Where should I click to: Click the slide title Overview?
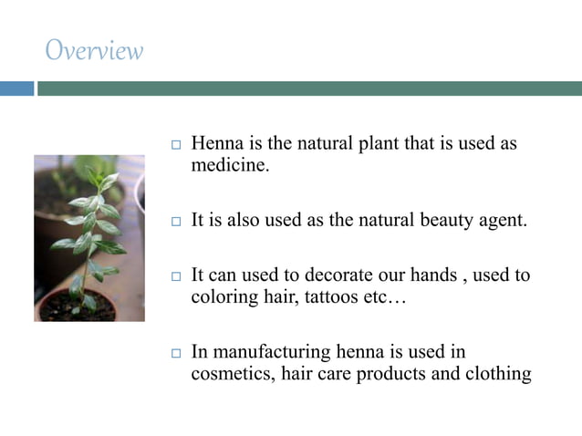tap(94, 50)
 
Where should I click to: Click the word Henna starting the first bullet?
tap(217, 145)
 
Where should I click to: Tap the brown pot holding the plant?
tap(77, 306)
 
